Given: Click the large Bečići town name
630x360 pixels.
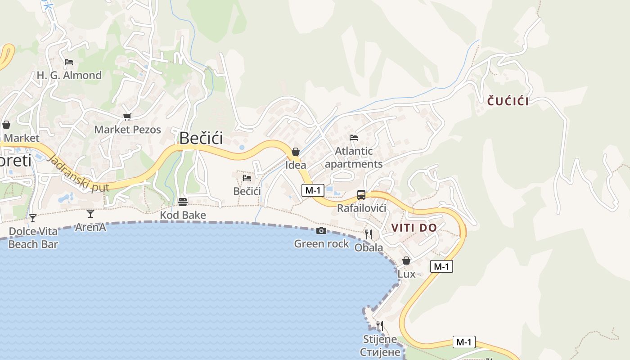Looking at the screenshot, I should (201, 138).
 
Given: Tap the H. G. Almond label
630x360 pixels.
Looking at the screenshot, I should (69, 75).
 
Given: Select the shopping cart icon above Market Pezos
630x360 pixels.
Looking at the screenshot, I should (127, 117).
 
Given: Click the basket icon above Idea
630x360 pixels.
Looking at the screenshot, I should (296, 152).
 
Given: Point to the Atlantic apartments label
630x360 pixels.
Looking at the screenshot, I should (354, 157).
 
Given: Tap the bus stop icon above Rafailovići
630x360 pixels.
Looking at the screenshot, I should (361, 195).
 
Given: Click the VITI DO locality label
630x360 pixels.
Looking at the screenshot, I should (414, 228).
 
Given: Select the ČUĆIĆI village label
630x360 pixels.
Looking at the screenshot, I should (508, 101).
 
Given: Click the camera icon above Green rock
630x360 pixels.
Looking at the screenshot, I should (321, 231).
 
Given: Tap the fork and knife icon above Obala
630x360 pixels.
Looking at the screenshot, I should (369, 234).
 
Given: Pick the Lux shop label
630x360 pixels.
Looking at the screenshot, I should (406, 274).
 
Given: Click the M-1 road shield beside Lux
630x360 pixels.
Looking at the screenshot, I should (441, 266).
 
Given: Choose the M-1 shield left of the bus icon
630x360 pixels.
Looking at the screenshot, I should (313, 190).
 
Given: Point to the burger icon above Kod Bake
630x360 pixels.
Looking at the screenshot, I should (183, 202).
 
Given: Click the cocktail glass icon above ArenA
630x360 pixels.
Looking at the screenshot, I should (90, 214).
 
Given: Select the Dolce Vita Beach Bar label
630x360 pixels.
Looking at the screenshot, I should (33, 238).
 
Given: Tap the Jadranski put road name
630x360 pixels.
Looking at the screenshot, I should (77, 173).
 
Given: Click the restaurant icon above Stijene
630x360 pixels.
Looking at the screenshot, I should (380, 325).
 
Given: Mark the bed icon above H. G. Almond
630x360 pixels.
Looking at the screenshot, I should (69, 62).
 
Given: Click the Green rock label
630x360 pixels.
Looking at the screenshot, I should (321, 244).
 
